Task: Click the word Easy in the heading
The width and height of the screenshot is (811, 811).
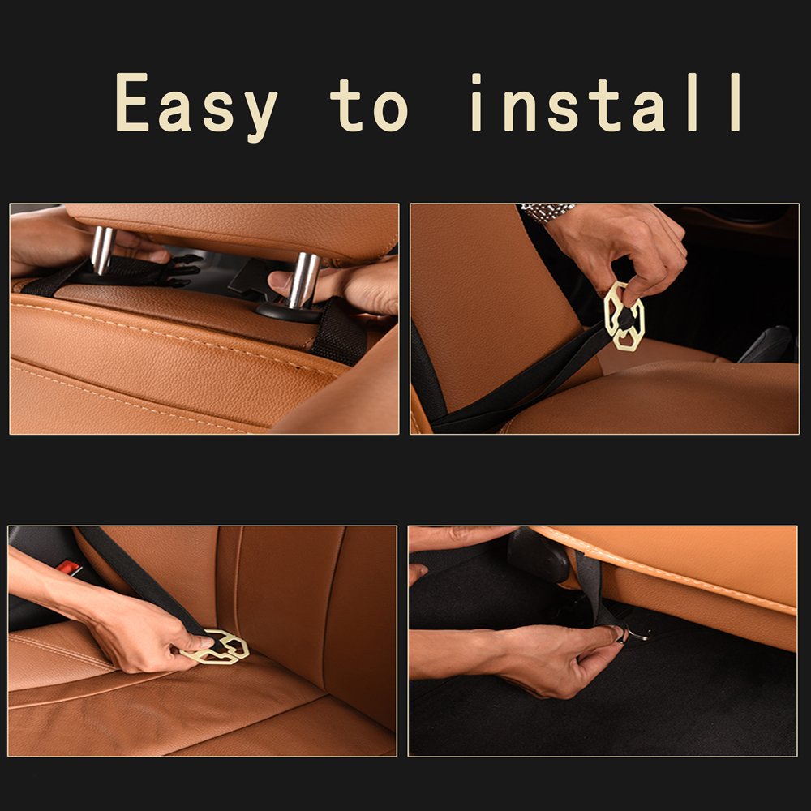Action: pos(196,104)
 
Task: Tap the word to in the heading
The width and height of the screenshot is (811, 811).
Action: pos(369,104)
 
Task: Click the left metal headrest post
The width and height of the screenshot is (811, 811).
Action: pos(102,249)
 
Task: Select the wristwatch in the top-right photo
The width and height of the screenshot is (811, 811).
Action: pos(547,212)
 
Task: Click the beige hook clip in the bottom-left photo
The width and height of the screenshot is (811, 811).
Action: pos(217,646)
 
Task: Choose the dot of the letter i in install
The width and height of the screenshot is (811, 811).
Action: pos(476,79)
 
